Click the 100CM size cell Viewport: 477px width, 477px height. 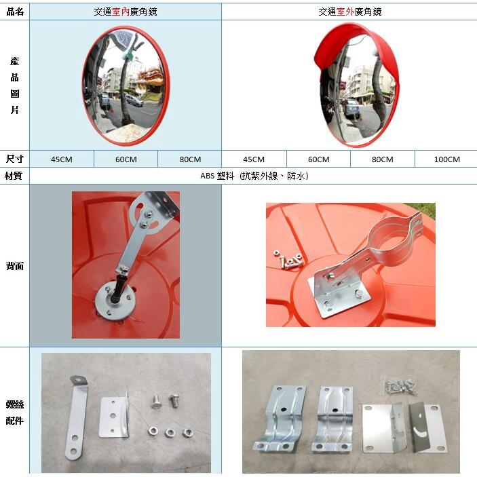coord(446,159)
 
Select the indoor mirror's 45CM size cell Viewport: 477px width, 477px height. coord(62,159)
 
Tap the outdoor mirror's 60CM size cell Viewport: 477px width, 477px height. coord(318,159)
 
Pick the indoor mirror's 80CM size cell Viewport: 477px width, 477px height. coord(190,159)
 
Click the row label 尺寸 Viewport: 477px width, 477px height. coord(15,159)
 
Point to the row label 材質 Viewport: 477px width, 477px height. coord(14,176)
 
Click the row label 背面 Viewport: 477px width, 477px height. coord(15,266)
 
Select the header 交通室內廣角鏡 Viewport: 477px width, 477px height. coord(126,12)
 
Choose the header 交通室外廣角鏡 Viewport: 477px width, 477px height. coord(350,12)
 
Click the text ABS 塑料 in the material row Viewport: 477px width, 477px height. coord(217,176)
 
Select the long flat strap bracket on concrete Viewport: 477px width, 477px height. coord(76,418)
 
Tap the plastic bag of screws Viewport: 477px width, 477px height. coord(399,386)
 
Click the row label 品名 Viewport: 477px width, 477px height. coord(15,12)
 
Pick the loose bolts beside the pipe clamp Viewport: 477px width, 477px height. coord(288,259)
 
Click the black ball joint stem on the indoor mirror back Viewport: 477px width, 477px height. coord(117,288)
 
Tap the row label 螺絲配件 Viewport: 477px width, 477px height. coord(15,413)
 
